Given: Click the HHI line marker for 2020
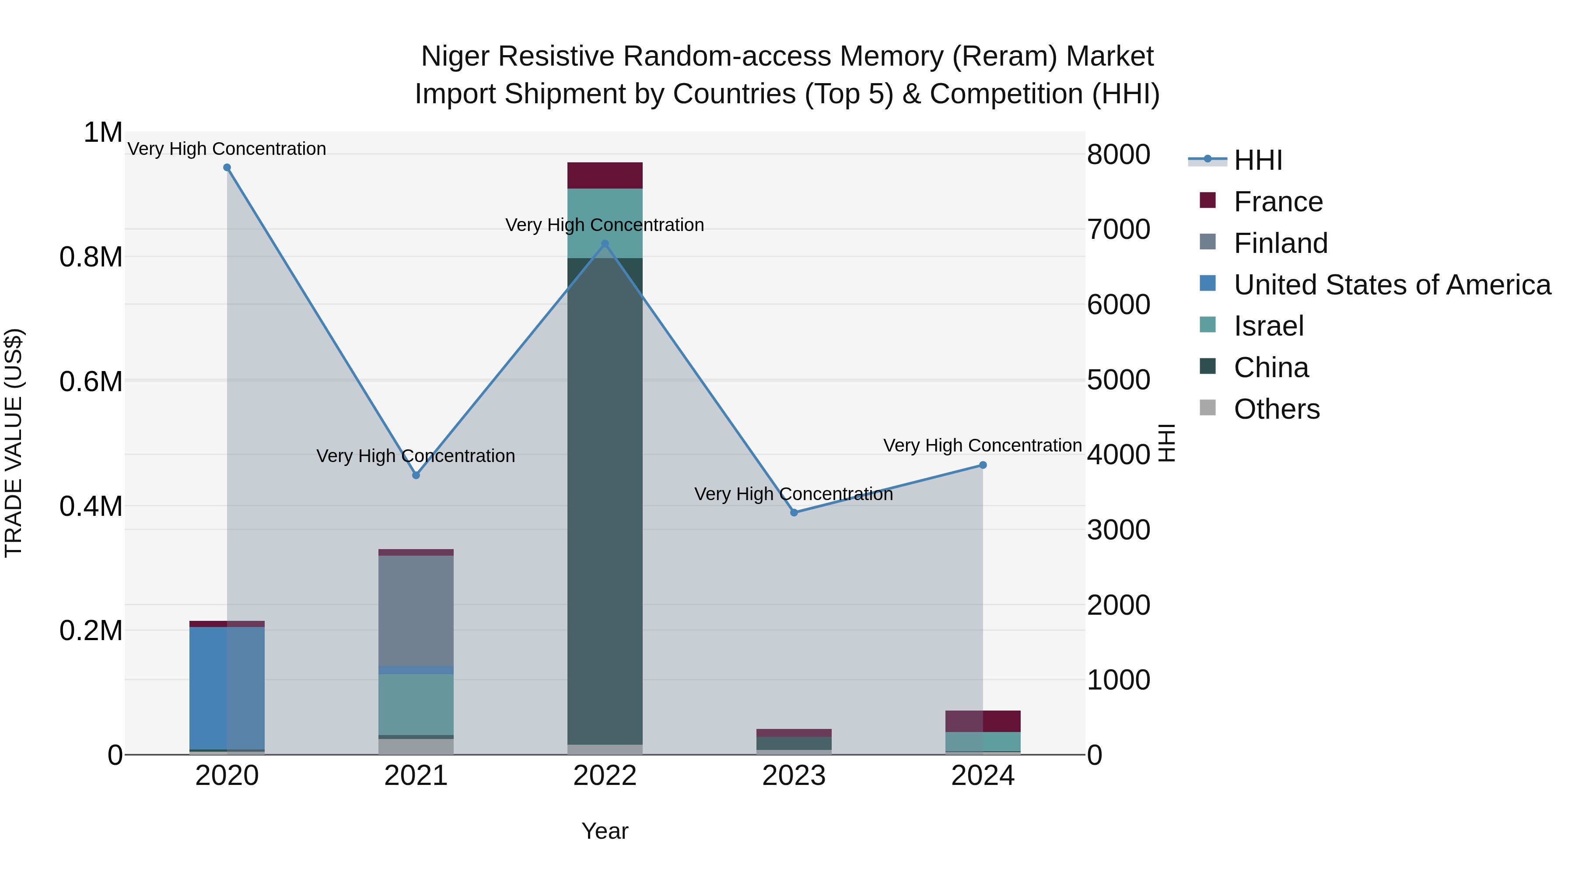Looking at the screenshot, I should pos(227,168).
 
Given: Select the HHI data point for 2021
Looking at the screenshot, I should pos(416,475).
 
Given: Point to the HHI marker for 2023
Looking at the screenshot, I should pos(794,512).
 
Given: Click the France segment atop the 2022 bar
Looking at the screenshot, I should pos(605,175).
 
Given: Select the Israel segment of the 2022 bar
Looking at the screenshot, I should pos(605,223).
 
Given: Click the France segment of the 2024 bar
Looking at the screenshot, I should pos(983,721).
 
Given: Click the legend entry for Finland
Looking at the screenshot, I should pos(1280,243).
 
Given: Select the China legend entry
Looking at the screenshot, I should pos(1270,368).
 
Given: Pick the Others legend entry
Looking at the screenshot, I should pos(1276,409).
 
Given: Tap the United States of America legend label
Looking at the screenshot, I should pos(1392,285).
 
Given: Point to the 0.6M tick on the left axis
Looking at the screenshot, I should pos(91,382).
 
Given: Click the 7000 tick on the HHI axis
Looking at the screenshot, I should pos(1118,230).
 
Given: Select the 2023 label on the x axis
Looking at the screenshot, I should pos(794,776).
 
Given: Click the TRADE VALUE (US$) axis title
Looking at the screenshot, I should pos(14,443).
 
